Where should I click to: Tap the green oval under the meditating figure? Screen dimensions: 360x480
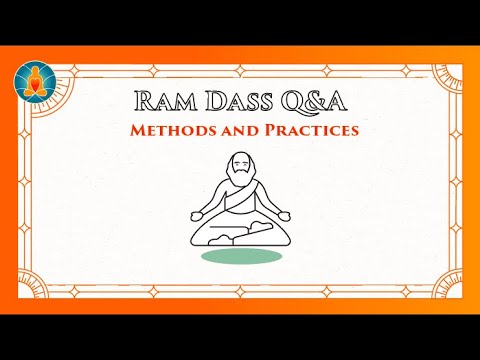(240, 256)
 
